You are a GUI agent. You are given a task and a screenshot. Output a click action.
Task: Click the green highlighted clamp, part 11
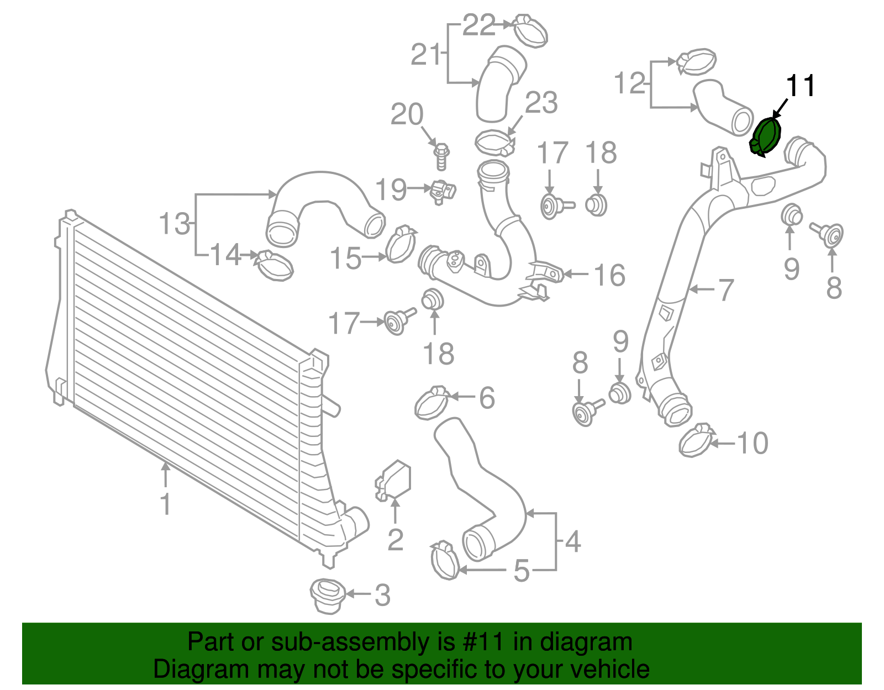point(765,136)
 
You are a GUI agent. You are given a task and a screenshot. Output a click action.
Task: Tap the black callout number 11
point(800,86)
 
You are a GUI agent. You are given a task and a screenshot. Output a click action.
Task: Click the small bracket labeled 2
point(393,481)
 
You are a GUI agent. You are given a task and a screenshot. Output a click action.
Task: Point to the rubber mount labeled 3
point(327,596)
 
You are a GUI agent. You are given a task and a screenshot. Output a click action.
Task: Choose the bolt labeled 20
point(441,156)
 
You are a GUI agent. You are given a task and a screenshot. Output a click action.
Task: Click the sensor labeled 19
point(443,192)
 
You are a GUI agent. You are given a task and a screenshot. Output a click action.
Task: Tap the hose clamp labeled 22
point(530,31)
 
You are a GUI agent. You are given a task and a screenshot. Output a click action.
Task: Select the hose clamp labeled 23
point(494,143)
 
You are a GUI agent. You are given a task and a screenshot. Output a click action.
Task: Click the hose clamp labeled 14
point(273,265)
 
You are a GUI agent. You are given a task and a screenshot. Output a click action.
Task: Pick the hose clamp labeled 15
point(401,244)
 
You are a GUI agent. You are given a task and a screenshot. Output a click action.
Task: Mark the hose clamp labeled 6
point(432,403)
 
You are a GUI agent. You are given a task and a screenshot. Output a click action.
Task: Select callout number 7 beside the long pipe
point(726,290)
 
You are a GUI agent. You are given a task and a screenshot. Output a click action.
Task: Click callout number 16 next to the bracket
point(609,275)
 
